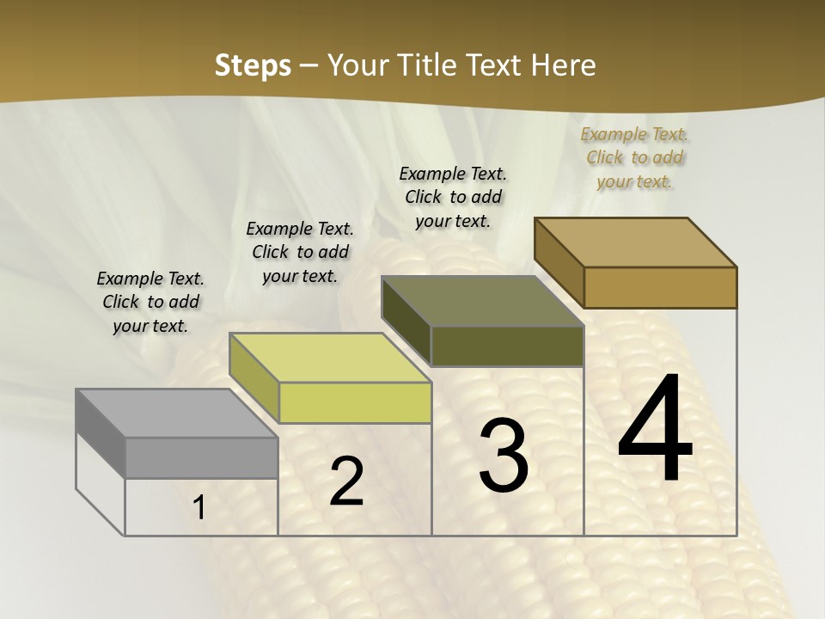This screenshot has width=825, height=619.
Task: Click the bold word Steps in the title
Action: pos(253,65)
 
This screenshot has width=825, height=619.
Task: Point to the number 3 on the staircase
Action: pos(503,455)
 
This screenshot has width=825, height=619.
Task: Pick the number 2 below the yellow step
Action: pos(346,481)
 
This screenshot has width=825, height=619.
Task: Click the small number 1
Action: pos(199,508)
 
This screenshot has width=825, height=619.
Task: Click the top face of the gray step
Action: pos(176,413)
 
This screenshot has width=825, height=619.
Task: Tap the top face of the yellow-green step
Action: pos(329,357)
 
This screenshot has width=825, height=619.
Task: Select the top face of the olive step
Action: pos(482,301)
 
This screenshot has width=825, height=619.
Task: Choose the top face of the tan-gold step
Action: pos(635,242)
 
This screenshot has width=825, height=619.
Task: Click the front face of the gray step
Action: pos(201,457)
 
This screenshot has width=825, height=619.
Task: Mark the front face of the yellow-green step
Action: pos(355,402)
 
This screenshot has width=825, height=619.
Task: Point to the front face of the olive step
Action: pos(507,346)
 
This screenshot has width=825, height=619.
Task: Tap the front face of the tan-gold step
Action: pos(660,287)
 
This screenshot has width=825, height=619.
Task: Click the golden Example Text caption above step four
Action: pos(634,157)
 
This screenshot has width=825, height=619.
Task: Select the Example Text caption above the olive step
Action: pos(453,197)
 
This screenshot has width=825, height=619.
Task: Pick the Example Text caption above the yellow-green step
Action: pos(300,252)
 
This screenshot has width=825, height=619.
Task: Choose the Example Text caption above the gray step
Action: pos(150,302)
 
